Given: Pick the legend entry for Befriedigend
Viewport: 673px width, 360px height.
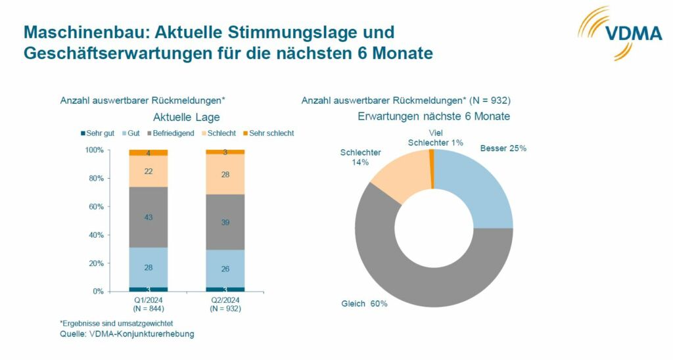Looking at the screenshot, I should pos(172,133).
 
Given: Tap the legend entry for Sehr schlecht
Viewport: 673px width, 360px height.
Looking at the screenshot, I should pos(267,133).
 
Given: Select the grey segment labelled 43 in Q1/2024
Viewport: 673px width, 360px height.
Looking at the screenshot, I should pos(148,217).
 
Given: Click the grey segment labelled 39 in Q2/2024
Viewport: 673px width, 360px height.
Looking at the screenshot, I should pos(225,222).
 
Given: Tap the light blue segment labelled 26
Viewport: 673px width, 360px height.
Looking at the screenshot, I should pos(225,269).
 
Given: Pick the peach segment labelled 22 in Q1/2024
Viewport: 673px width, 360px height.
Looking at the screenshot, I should pos(148,171).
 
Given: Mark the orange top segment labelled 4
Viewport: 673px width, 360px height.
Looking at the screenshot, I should pos(148,153).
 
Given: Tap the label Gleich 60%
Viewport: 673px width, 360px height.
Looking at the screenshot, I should pos(364,304).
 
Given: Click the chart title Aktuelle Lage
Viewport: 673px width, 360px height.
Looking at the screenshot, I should pos(186,118).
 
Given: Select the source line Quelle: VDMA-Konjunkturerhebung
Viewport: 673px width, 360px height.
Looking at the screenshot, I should pos(127,334).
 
